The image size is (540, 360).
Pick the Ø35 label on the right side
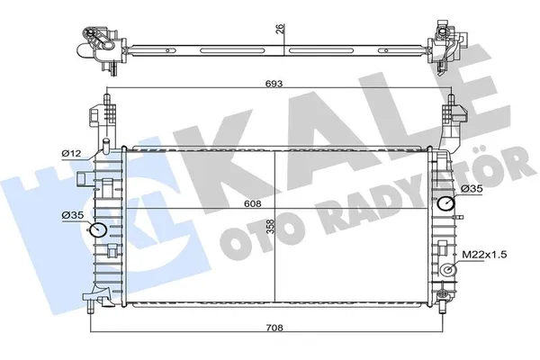coord(475,188)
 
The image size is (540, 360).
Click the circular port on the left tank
coord(98,233)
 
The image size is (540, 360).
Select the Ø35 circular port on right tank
coord(445,204)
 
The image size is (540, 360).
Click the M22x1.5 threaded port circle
coord(446,270)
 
